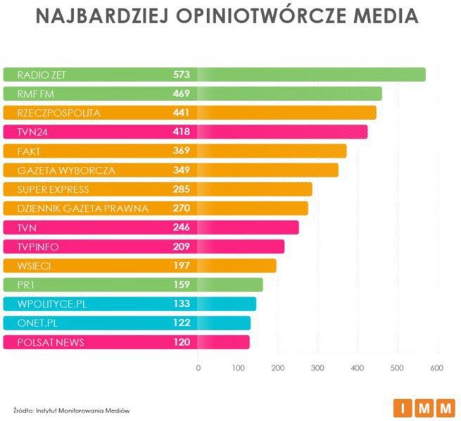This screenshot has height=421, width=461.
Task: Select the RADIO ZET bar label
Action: (x=39, y=74)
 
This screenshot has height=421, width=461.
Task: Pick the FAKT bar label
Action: (x=29, y=151)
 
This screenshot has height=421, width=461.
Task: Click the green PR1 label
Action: (x=25, y=285)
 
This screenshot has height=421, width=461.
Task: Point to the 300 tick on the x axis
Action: (x=317, y=367)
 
